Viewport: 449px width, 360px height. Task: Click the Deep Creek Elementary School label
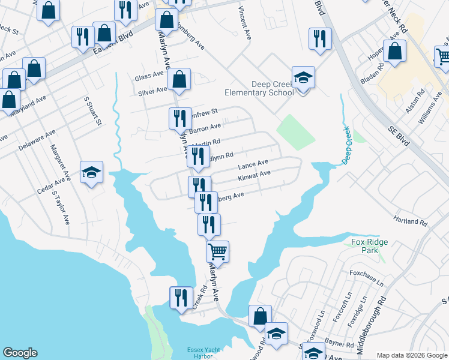click(259, 88)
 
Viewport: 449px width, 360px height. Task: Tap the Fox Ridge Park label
click(365, 246)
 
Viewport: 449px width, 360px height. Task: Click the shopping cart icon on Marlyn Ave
click(217, 251)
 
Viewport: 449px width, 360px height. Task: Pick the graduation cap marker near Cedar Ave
click(91, 172)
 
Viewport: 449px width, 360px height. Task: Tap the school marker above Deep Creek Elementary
click(303, 77)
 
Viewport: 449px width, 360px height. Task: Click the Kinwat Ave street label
click(254, 175)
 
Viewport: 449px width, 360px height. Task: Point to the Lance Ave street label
click(253, 164)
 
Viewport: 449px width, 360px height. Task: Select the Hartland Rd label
click(411, 221)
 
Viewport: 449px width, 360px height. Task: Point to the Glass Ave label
click(149, 76)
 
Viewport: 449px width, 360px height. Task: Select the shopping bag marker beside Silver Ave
click(179, 79)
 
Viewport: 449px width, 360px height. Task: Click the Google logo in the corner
click(20, 353)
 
